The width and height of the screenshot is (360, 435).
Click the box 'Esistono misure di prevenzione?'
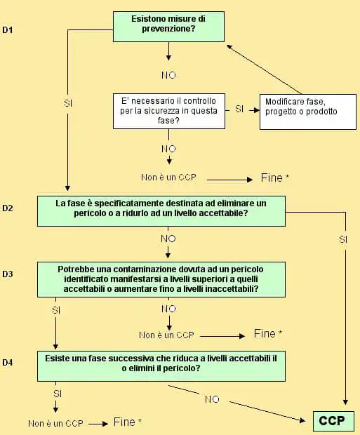[168, 26]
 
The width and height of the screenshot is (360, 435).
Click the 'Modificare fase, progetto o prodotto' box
[302, 107]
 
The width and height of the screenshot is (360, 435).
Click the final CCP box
[333, 421]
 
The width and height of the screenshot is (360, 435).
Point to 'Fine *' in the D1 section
[271, 178]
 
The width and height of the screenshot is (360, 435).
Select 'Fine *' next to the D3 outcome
[268, 333]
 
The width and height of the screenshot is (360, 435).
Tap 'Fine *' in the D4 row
[127, 422]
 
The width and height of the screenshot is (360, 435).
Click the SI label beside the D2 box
[343, 239]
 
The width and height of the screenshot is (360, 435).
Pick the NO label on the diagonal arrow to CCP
[212, 399]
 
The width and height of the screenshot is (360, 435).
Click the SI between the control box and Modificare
[239, 109]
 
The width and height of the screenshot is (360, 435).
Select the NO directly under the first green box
[168, 74]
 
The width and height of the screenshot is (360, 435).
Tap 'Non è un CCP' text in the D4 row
[55, 423]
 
